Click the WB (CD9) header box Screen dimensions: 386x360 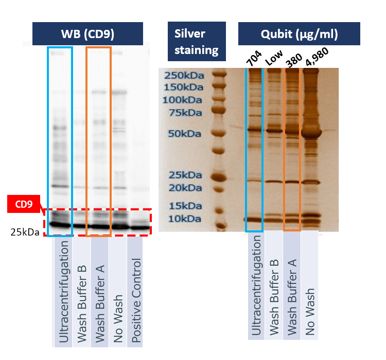click(x=87, y=34)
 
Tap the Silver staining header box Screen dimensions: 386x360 click(x=197, y=41)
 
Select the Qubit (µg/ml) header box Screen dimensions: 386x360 click(x=299, y=34)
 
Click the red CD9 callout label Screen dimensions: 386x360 click(x=24, y=204)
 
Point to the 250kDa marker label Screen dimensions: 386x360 click(x=184, y=75)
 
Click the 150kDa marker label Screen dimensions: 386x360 click(x=184, y=87)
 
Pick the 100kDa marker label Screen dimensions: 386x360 click(x=182, y=100)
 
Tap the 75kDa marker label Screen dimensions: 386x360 click(x=185, y=113)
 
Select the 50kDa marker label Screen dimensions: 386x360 click(x=185, y=134)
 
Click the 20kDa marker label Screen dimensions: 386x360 click(x=185, y=188)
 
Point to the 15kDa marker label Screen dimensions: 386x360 click(x=185, y=206)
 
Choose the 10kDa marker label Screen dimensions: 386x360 click(x=185, y=219)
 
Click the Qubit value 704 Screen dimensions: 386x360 click(x=254, y=59)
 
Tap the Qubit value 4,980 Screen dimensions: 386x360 click(x=317, y=57)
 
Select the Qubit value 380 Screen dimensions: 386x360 click(x=294, y=60)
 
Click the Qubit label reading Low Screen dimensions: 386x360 click(x=274, y=58)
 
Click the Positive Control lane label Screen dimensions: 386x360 click(x=136, y=300)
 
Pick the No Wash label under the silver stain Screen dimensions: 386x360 click(x=310, y=312)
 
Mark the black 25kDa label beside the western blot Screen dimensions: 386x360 click(x=25, y=232)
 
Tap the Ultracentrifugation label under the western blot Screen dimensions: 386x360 click(x=63, y=292)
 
